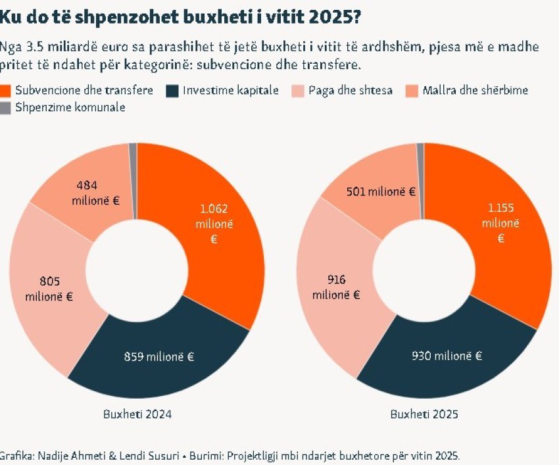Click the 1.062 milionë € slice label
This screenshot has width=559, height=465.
217,224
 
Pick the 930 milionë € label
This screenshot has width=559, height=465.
447,356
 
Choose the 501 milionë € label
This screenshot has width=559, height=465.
382,191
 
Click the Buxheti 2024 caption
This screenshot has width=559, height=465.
137,415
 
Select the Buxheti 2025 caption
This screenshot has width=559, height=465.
424,415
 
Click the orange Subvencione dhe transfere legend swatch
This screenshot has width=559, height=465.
6,91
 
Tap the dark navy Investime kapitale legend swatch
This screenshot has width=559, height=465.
174,91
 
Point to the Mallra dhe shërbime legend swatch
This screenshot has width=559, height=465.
413,91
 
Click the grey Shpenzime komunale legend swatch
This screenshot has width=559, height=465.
6,107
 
